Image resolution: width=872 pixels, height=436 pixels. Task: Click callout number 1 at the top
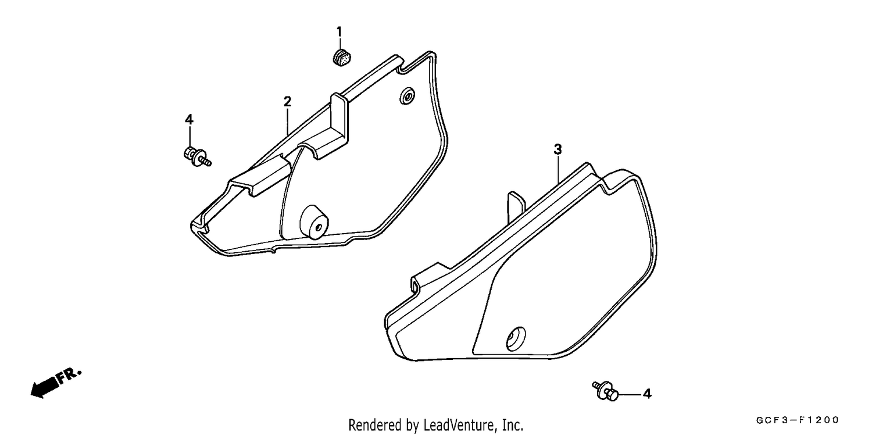[339, 31]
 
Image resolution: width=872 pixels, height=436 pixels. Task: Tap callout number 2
[287, 102]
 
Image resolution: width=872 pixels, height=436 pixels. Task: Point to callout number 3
[558, 149]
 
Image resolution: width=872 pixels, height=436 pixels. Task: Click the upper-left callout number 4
[189, 120]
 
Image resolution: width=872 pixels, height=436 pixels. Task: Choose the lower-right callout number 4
[646, 394]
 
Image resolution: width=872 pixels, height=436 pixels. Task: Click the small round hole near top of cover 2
[407, 96]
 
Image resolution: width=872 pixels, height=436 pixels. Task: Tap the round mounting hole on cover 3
[516, 339]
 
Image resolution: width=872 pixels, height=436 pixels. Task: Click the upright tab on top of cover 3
[516, 206]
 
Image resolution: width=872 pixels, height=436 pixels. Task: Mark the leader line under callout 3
[558, 170]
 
